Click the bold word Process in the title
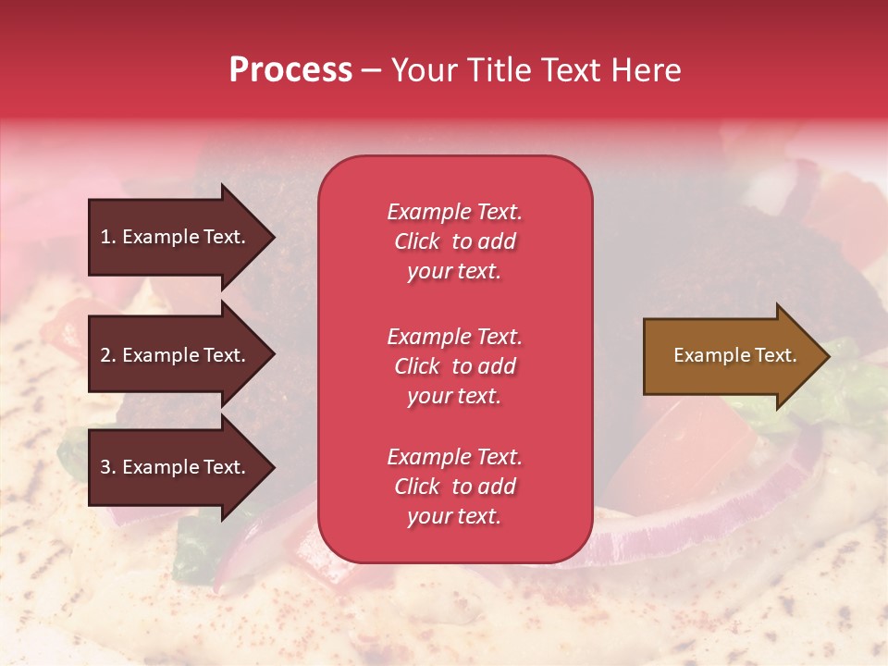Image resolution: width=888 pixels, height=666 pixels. [290, 70]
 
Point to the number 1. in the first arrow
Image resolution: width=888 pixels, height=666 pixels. [108, 237]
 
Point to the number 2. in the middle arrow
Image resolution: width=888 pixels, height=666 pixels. [108, 355]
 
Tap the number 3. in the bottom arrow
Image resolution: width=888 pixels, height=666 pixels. [108, 467]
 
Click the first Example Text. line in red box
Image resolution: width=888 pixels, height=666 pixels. [454, 212]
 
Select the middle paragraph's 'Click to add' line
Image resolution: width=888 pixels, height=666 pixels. [454, 366]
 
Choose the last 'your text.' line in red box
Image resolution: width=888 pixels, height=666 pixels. [454, 516]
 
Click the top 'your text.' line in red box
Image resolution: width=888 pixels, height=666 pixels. [454, 271]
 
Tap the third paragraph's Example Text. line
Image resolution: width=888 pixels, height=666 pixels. [454, 457]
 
